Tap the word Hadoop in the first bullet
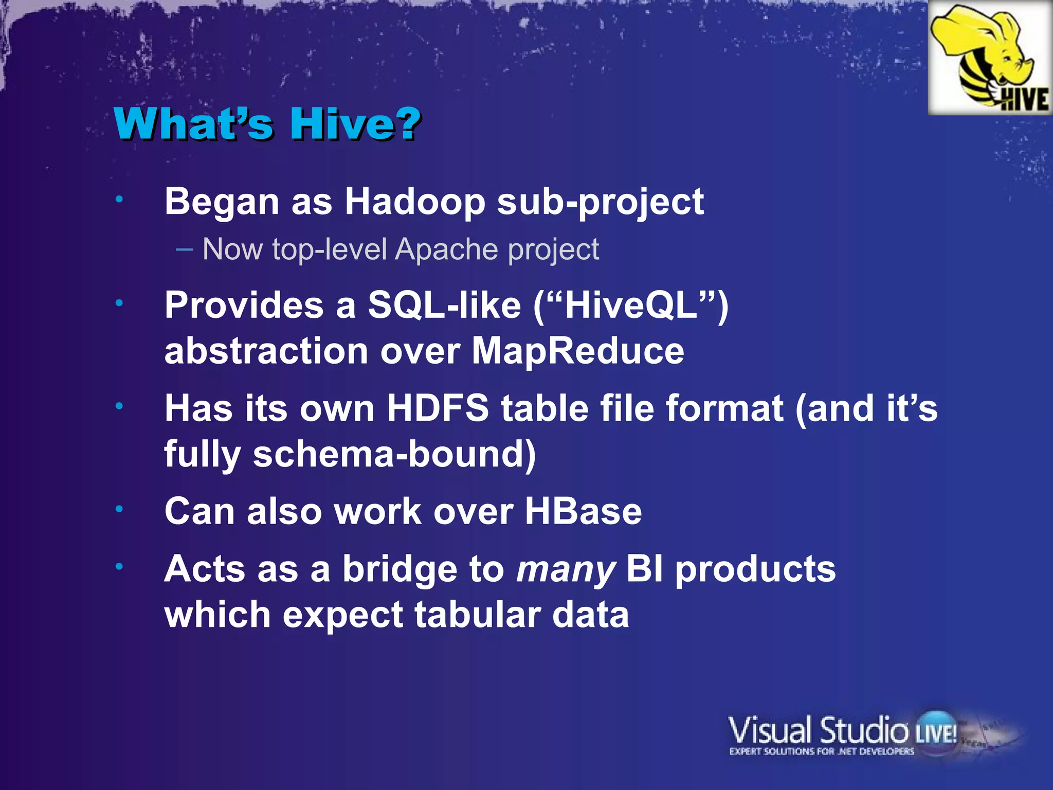pos(414,202)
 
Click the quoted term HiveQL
pos(631,305)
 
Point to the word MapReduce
pos(578,351)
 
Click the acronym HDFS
pos(438,408)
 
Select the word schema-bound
pos(394,455)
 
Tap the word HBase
pos(583,512)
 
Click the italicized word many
pos(566,570)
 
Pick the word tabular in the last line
pos(478,615)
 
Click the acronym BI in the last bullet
pos(645,569)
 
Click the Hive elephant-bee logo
pos(989,58)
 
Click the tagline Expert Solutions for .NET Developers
pos(821,751)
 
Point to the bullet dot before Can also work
pos(119,510)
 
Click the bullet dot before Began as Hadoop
pos(119,200)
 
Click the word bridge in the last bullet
pos(400,569)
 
